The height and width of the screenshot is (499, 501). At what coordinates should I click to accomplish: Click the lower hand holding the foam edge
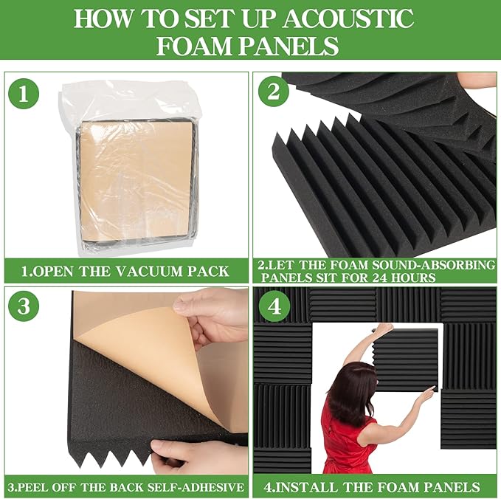(196, 452)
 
